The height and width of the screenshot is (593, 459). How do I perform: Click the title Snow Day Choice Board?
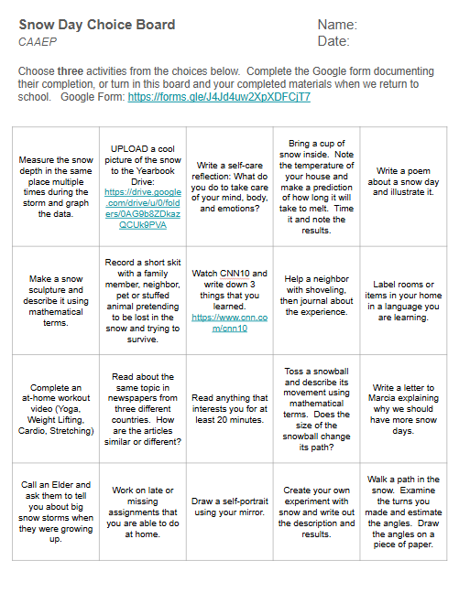[x=96, y=25]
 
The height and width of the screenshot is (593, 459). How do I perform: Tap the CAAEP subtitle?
[x=38, y=41]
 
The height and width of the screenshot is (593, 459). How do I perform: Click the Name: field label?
[x=337, y=25]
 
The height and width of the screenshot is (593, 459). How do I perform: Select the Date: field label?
[x=333, y=41]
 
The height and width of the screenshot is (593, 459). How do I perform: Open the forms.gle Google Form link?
[x=219, y=96]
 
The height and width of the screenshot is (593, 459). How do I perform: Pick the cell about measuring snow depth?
[x=56, y=187]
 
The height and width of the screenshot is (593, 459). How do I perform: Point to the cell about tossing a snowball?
[x=316, y=404]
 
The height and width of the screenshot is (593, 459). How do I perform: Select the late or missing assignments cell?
[x=142, y=507]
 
